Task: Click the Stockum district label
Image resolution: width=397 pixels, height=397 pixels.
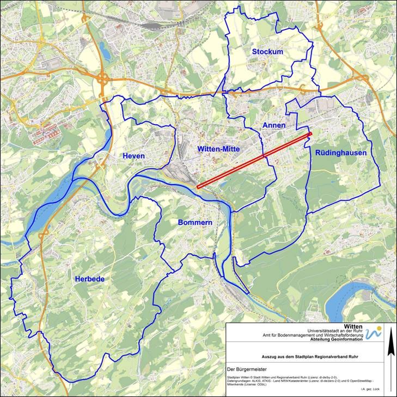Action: [267, 52]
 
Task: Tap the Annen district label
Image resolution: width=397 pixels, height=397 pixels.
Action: [274, 125]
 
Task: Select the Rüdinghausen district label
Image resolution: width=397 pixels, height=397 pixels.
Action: [341, 153]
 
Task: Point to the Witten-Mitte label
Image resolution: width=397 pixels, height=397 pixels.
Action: [216, 148]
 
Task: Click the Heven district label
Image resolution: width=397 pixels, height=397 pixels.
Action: [133, 156]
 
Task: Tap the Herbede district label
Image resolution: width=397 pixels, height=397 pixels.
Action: [89, 279]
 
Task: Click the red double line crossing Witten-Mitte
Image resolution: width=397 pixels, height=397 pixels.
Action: [254, 160]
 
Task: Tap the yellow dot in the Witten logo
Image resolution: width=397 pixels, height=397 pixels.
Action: [380, 328]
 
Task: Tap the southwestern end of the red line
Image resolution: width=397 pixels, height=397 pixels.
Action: [198, 187]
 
